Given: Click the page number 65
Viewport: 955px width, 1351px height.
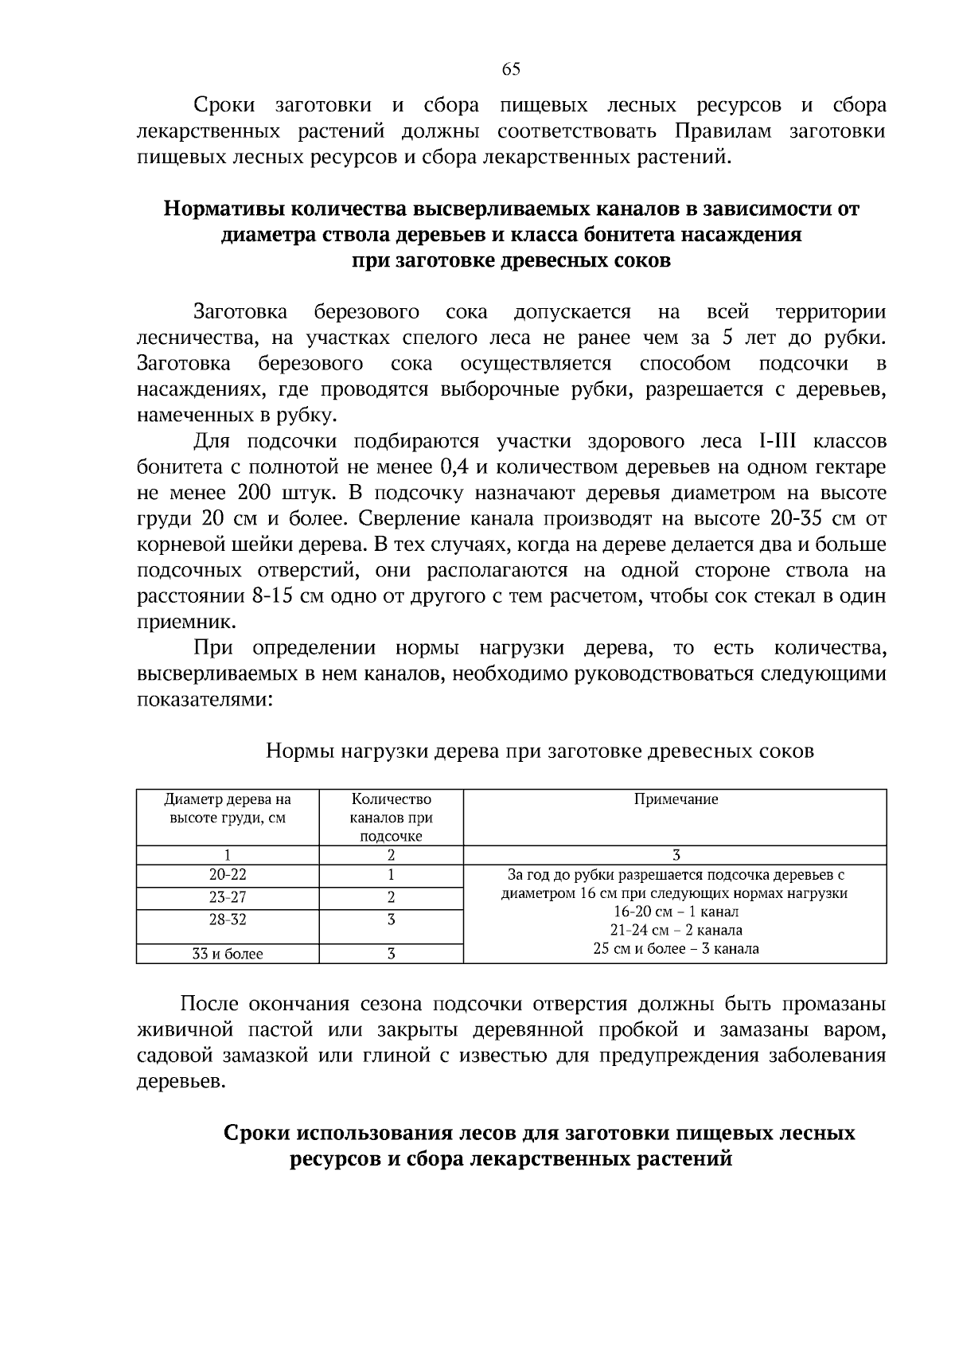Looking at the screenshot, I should [x=511, y=69].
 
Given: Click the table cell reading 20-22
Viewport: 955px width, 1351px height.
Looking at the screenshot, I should [x=228, y=875].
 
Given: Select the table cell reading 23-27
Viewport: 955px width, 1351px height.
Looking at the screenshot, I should [x=228, y=898].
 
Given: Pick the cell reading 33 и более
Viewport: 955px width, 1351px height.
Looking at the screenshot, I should [x=228, y=954].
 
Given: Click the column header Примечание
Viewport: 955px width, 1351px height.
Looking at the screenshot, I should [x=675, y=799].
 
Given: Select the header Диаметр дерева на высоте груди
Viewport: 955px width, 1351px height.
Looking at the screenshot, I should [x=228, y=808].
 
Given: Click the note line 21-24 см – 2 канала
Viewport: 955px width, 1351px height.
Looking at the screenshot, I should [x=675, y=930].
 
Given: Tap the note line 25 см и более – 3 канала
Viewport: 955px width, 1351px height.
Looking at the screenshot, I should [x=675, y=949].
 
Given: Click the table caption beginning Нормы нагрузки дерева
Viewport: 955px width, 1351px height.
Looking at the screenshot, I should [x=539, y=751].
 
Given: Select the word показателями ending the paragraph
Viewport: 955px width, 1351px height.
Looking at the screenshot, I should [x=205, y=700].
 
